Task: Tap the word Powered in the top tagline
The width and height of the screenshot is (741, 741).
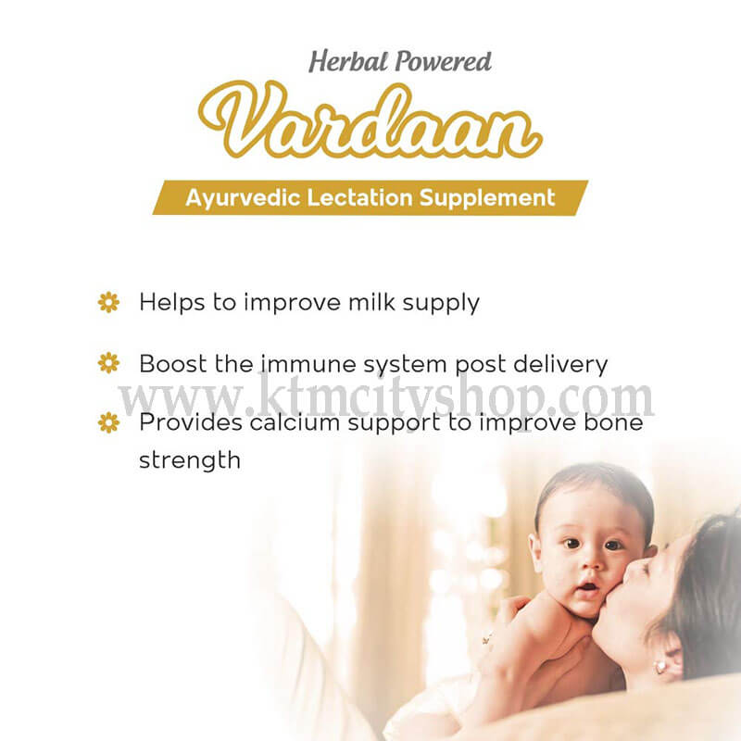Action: coord(444,62)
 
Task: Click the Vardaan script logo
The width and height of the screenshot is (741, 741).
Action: coord(370,119)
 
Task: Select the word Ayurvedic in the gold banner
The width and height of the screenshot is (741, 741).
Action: coord(243,198)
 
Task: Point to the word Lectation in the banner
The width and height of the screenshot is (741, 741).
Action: coord(359,197)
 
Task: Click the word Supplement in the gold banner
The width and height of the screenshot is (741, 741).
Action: coord(487,198)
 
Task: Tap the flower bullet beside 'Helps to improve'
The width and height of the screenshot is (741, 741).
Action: coord(108,303)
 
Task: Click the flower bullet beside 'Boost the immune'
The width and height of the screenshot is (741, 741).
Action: coord(108,363)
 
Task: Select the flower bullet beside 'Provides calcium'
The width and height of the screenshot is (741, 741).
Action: coord(108,422)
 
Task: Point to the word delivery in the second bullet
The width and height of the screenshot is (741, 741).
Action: coord(560,365)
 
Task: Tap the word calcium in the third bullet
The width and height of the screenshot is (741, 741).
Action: coord(295,422)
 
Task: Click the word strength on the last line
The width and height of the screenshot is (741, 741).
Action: coord(190,460)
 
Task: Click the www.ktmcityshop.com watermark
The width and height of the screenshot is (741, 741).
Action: coord(386,398)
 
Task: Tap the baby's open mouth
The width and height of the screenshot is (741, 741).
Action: coord(588,587)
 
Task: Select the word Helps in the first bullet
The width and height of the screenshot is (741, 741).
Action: coord(172,303)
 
